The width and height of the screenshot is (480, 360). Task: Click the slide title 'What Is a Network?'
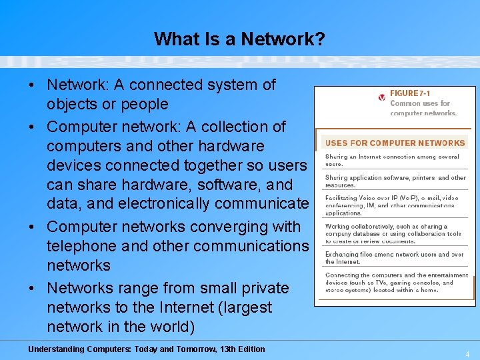coord(239,39)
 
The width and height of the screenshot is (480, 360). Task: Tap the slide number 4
coord(467,354)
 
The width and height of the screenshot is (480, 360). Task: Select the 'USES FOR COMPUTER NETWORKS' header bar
coord(395,143)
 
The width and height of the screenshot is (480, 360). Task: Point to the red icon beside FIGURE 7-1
coord(381,97)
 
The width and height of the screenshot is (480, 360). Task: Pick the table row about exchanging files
coord(394,258)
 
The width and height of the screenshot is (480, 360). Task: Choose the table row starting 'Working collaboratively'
coord(393,233)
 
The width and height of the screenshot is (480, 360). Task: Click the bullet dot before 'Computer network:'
coord(32,127)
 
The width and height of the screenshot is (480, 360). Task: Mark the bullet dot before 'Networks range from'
coord(32,289)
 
